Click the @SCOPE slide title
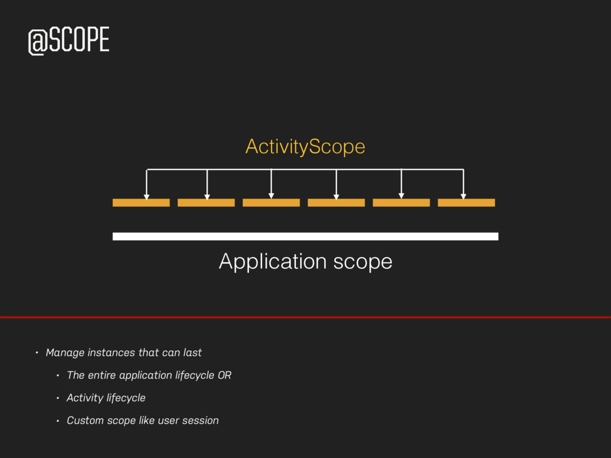69,41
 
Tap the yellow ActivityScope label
305,146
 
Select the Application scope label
305,261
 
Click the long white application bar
305,236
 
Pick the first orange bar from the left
141,203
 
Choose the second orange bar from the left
206,203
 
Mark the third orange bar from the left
271,203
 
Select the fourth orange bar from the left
336,203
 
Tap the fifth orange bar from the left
401,203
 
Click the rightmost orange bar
466,203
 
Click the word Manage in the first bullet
65,352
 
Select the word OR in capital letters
224,375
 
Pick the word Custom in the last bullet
85,420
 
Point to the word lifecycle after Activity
125,398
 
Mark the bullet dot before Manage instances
36,352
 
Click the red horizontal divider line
305,317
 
